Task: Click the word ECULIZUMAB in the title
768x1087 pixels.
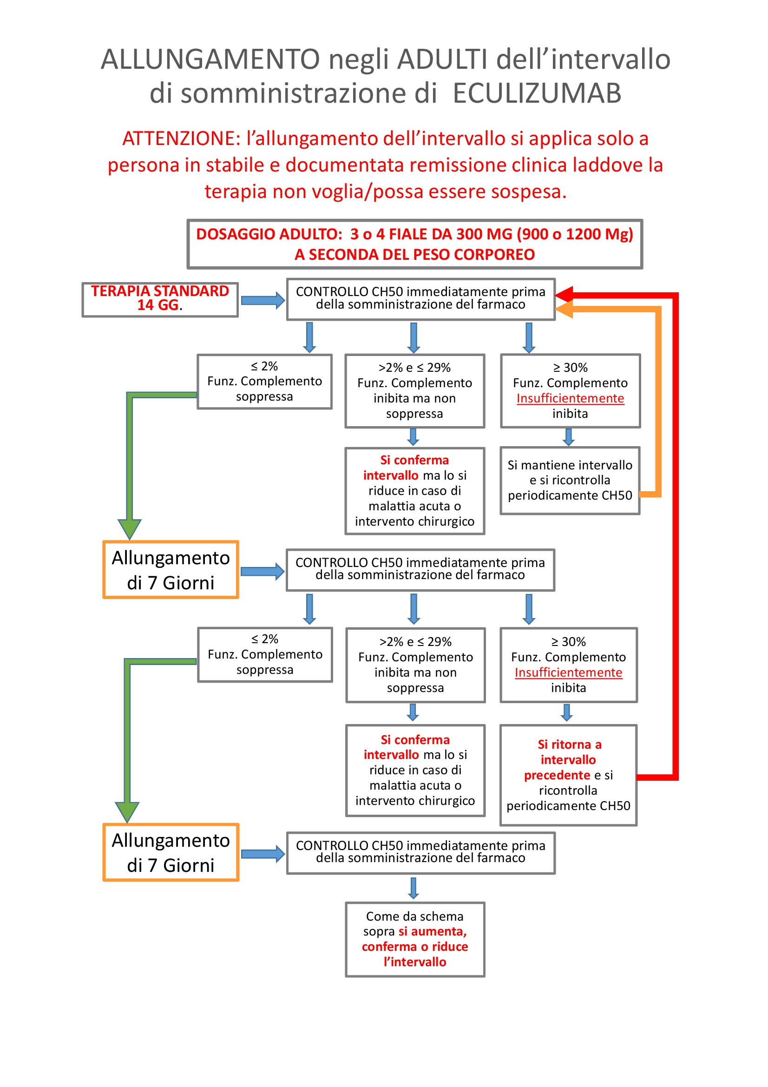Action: pos(537,93)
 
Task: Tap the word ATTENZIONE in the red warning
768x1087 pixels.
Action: pos(182,138)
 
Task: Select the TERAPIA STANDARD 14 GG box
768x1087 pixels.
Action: pos(160,299)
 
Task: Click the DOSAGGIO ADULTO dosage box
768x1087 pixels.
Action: pos(414,244)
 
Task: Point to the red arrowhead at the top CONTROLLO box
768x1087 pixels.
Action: pos(565,295)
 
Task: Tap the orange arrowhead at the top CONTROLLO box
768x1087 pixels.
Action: pos(565,310)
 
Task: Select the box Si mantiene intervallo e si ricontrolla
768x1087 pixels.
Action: pos(570,480)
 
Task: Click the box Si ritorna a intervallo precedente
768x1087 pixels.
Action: pos(568,775)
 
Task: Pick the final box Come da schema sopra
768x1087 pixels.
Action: pos(414,939)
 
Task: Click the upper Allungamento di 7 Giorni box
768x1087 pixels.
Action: pos(171,570)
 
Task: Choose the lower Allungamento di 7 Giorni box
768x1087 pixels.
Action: pos(171,852)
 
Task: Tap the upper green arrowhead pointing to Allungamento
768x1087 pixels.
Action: pos(129,528)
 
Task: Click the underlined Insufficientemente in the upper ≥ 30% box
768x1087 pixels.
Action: pos(570,398)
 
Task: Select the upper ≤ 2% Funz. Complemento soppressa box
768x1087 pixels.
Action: pos(264,381)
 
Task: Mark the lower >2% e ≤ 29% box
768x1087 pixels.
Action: pos(415,664)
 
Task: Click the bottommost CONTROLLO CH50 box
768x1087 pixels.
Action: pos(420,852)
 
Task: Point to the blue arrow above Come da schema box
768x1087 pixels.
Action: pos(414,888)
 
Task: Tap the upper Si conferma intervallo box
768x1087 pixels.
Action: pos(414,490)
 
